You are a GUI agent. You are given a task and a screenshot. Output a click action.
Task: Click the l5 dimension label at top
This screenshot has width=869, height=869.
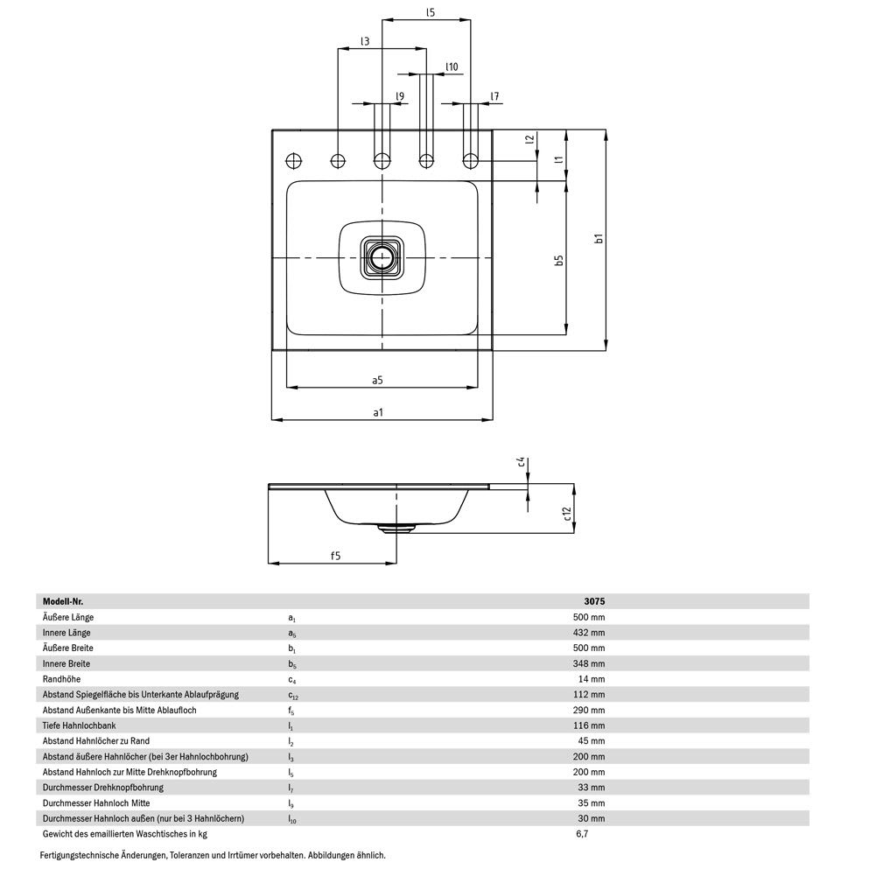pyautogui.click(x=431, y=12)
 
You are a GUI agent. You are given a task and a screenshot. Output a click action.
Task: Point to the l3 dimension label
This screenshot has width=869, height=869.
pyautogui.click(x=365, y=41)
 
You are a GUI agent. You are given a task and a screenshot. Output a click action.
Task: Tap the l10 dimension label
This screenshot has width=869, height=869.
pyautogui.click(x=452, y=67)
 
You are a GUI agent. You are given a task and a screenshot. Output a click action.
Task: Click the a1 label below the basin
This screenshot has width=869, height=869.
pyautogui.click(x=378, y=412)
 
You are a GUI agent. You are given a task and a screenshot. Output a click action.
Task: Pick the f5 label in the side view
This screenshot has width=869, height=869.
pyautogui.click(x=335, y=556)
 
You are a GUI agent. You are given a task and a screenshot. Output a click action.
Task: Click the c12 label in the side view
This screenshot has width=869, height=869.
pyautogui.click(x=566, y=514)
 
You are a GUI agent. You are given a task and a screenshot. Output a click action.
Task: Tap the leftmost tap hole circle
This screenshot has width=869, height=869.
pyautogui.click(x=294, y=161)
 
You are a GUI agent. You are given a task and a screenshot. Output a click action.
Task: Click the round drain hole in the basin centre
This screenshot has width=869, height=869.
pyautogui.click(x=382, y=257)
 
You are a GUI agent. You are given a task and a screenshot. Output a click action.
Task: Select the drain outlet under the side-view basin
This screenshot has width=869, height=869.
pyautogui.click(x=396, y=528)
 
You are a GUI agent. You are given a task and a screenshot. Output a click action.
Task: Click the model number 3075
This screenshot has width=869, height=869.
pyautogui.click(x=594, y=601)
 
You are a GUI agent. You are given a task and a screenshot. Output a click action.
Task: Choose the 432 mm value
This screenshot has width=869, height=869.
pyautogui.click(x=589, y=633)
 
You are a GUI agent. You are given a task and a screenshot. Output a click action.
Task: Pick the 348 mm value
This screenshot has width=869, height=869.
pyautogui.click(x=589, y=663)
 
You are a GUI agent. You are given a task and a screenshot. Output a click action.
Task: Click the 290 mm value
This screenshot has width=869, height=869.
pyautogui.click(x=589, y=710)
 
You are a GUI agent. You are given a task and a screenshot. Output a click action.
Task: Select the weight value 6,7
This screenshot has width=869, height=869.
pyautogui.click(x=582, y=834)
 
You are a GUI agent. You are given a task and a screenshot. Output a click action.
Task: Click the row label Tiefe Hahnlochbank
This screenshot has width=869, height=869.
pyautogui.click(x=80, y=725)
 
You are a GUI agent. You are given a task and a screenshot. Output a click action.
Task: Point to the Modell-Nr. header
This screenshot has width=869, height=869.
pyautogui.click(x=63, y=601)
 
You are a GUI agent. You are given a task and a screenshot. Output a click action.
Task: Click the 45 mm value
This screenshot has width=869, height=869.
pyautogui.click(x=592, y=741)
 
